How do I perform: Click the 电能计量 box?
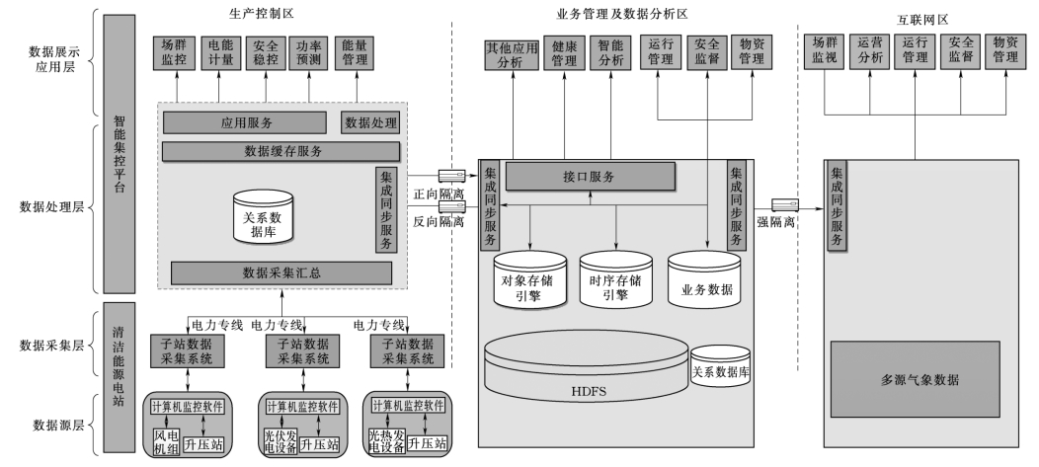coord(217,52)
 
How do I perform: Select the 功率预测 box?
coord(308,52)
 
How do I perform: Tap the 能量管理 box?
coord(355,52)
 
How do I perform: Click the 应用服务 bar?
coord(245,122)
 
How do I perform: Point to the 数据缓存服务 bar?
coord(281,151)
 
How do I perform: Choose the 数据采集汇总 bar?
coord(281,272)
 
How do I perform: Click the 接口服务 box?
coord(591,177)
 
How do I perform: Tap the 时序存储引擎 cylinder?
coord(616,280)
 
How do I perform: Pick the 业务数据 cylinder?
coord(705,280)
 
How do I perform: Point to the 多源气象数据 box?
coord(919,378)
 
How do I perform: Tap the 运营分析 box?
coord(870,51)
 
